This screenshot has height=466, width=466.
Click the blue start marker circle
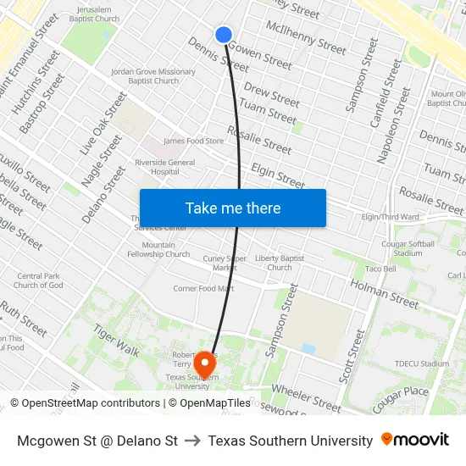pos(224,35)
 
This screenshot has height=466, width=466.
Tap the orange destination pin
pos(204,363)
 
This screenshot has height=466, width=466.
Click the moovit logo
pos(415,440)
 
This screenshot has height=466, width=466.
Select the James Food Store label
pos(193,141)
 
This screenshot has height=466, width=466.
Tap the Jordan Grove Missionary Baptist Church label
pos(153,76)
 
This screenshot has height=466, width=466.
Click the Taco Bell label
pos(380,269)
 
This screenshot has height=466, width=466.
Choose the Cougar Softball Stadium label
pos(408,247)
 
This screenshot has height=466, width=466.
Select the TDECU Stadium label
pos(421,364)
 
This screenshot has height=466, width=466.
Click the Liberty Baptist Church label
pos(280,263)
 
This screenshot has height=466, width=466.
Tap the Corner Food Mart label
pos(203,288)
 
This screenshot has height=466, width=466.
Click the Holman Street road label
pos(385,294)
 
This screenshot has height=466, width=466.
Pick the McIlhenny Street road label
pos(306,37)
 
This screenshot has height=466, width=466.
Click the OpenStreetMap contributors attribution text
pos(86,403)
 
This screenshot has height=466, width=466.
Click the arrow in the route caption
pos(192,441)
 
